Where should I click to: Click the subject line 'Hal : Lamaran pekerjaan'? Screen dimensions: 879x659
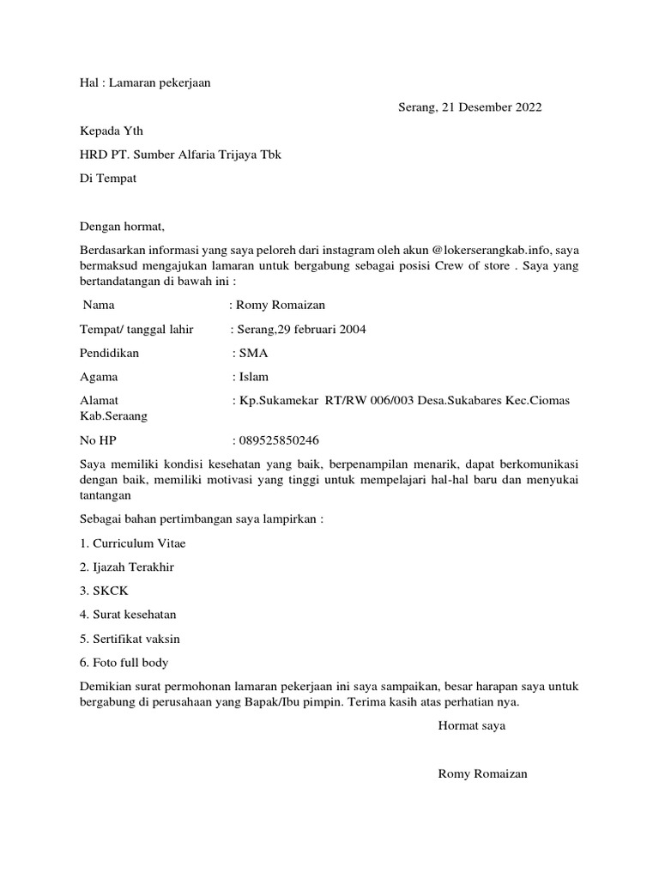pyautogui.click(x=145, y=83)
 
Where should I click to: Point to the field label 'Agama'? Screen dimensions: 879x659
pyautogui.click(x=99, y=377)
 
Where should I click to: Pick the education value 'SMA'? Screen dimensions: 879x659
pyautogui.click(x=254, y=353)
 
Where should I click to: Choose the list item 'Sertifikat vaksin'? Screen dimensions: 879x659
pyautogui.click(x=136, y=639)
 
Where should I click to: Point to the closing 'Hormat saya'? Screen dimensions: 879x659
pyautogui.click(x=471, y=725)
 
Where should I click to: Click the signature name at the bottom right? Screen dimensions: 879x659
pyautogui.click(x=482, y=773)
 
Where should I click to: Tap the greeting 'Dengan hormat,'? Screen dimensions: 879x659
pyautogui.click(x=121, y=227)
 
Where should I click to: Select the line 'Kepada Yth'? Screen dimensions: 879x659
pyautogui.click(x=112, y=131)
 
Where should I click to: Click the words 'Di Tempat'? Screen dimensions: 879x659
pyautogui.click(x=108, y=179)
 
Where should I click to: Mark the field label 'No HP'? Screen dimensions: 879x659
pyautogui.click(x=97, y=440)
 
